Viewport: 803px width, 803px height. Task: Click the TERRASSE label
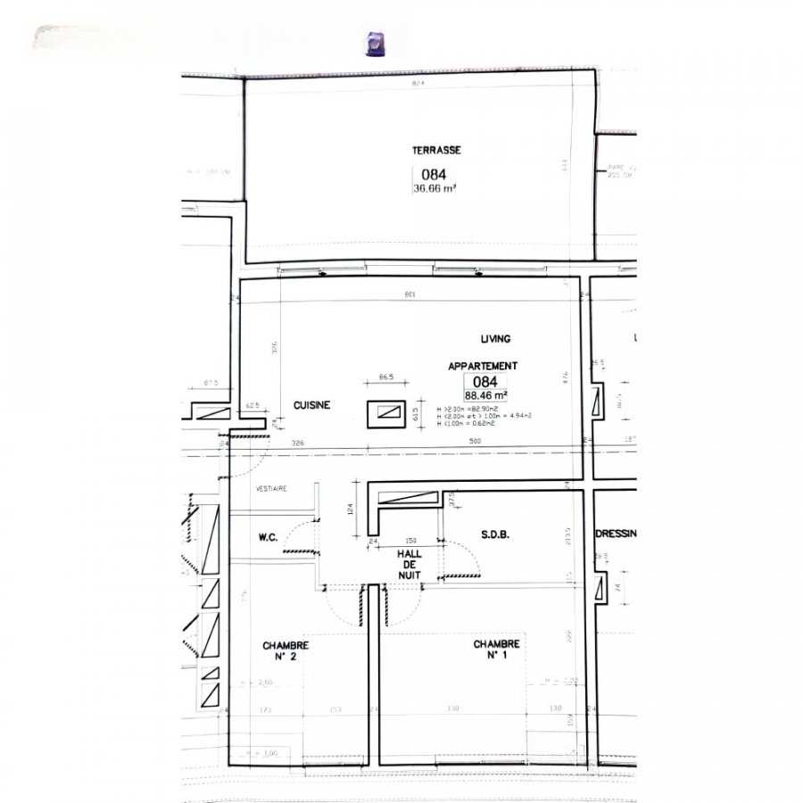(x=436, y=151)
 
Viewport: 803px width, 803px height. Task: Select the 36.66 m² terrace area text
(x=435, y=188)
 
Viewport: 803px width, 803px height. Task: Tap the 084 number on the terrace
(x=434, y=175)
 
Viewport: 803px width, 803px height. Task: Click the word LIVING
(x=495, y=339)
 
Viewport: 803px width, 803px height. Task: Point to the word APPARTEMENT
(x=482, y=366)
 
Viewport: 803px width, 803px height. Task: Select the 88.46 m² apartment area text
(x=486, y=395)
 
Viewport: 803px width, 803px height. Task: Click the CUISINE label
(x=311, y=405)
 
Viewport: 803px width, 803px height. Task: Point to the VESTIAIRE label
(x=270, y=489)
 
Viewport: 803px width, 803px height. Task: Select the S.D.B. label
(x=494, y=535)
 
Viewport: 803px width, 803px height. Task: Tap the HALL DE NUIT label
(x=410, y=565)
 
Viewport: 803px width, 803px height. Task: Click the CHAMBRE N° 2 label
(x=286, y=650)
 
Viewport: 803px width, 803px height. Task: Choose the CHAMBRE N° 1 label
(x=496, y=650)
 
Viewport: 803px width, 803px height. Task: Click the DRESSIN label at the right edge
(x=615, y=534)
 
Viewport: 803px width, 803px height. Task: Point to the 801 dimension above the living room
(x=410, y=294)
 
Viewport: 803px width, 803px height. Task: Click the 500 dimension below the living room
(x=475, y=443)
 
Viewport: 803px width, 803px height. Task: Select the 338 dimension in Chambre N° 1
(x=453, y=709)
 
